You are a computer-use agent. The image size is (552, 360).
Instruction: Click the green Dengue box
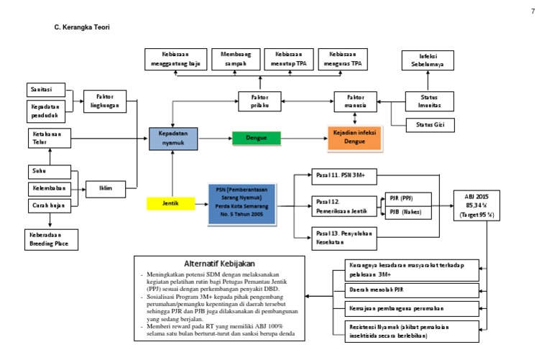(256, 138)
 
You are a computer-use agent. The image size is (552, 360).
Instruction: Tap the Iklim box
(106, 190)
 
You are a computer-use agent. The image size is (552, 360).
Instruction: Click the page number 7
(533, 11)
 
